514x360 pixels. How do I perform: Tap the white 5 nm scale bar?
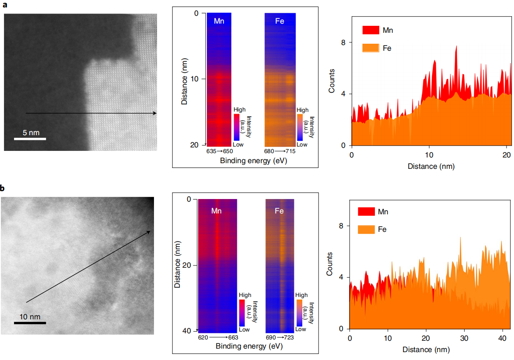click(30, 139)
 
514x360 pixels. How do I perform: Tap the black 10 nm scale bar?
click(30, 323)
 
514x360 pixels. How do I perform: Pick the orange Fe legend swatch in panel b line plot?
click(366, 229)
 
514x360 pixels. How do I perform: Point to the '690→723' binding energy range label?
click(280, 338)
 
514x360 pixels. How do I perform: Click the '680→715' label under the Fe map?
click(280, 151)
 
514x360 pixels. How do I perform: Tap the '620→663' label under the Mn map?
click(218, 338)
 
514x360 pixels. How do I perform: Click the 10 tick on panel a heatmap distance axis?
click(196, 79)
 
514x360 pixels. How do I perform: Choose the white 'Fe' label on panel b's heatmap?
click(279, 211)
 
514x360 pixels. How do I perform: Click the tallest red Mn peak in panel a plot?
click(456, 46)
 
